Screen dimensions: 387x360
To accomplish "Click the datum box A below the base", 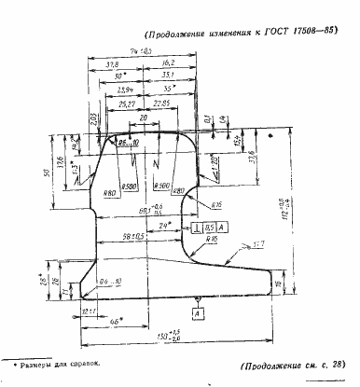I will click(x=198, y=314).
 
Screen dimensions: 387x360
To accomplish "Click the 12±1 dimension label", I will click(x=90, y=310).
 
